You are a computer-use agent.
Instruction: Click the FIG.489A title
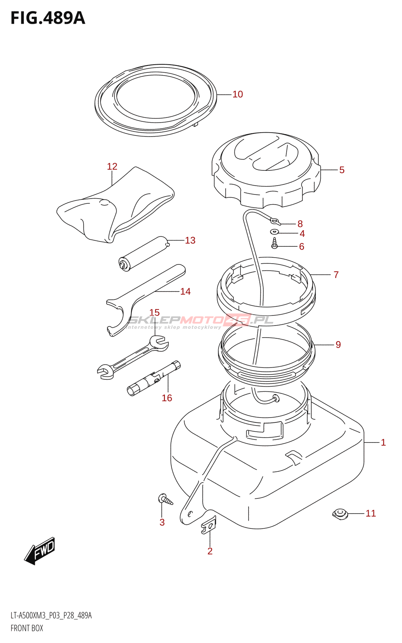pos(48,18)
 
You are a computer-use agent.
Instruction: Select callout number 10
pos(238,94)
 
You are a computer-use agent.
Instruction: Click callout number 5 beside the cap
pos(342,170)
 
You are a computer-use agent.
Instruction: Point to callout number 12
pos(112,166)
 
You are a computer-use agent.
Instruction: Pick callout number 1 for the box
pos(383,442)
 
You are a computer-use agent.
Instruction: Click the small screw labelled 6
pos(275,244)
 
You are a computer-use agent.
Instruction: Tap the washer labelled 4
pos(275,232)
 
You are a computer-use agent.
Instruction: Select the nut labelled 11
pos(340,514)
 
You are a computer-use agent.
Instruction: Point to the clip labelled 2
pos(209,525)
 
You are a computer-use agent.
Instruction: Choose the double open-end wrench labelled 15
pos(133,356)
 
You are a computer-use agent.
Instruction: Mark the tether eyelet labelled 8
pos(275,220)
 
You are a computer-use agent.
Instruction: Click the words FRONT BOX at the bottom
pos(27,628)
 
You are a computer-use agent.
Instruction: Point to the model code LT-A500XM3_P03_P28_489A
pos(51,616)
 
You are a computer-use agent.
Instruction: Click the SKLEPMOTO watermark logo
pos(200,321)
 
